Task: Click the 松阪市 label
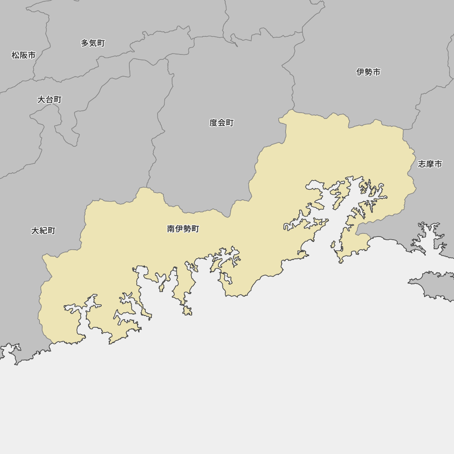click(24, 55)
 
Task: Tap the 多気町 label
click(93, 43)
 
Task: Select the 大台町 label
click(49, 99)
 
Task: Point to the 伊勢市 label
click(368, 72)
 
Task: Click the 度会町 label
click(222, 123)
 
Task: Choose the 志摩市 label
click(429, 164)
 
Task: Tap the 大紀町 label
click(43, 231)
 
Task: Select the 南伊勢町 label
click(183, 229)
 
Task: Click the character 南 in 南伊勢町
click(171, 229)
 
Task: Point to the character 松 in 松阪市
click(15, 55)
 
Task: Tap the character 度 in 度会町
click(213, 123)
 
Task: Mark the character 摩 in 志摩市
click(429, 164)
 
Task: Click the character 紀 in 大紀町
click(43, 231)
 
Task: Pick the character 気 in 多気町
click(93, 43)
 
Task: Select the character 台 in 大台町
click(49, 99)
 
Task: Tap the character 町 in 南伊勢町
click(195, 229)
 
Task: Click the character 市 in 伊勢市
click(376, 72)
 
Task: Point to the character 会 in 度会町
click(222, 123)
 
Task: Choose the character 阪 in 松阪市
click(24, 55)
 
